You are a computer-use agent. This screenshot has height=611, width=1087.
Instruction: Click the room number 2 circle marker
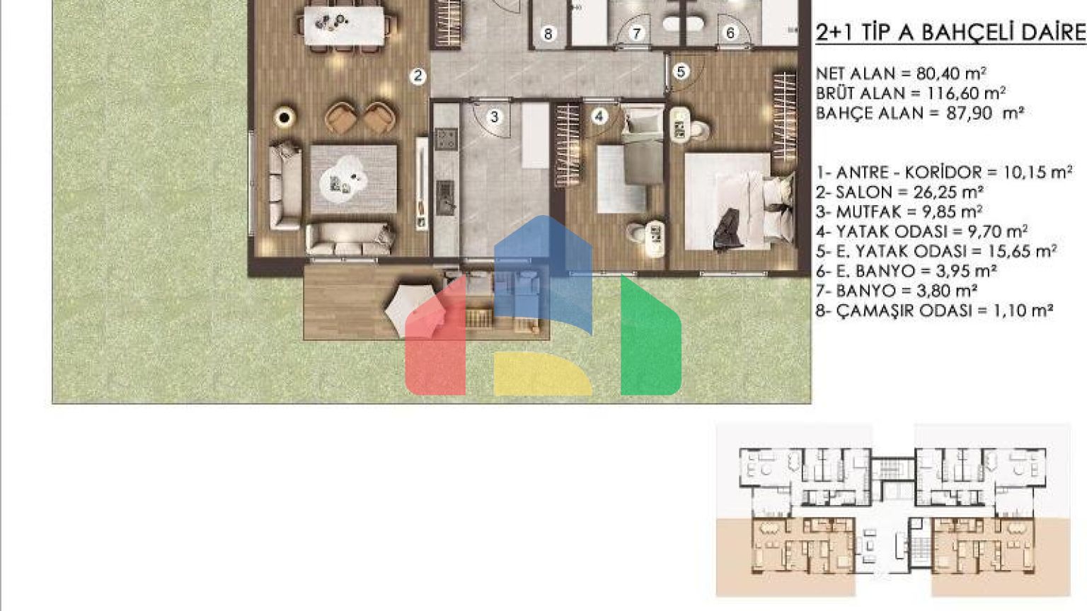(x=418, y=76)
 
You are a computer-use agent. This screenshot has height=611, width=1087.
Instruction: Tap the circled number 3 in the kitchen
(x=494, y=117)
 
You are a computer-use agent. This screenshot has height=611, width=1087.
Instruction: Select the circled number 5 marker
(x=681, y=71)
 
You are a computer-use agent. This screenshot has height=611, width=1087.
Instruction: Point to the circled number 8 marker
(x=548, y=34)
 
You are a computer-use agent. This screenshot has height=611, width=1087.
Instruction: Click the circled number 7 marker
(x=636, y=33)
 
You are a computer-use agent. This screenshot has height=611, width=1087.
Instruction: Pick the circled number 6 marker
(x=730, y=33)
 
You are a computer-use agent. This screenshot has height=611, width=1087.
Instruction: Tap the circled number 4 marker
(x=600, y=117)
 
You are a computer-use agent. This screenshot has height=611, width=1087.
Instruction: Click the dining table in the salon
(x=344, y=25)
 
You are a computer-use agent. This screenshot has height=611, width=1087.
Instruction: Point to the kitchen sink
(x=445, y=197)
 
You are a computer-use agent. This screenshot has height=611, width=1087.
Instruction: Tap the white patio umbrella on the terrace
(x=415, y=311)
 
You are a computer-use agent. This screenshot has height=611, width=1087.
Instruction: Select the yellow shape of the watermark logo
(x=543, y=373)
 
